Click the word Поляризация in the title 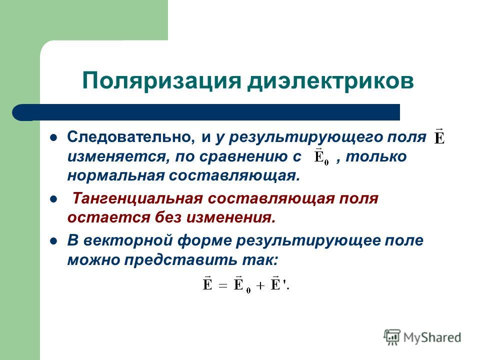coord(161,81)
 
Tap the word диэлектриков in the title coord(331,81)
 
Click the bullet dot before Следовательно coord(54,137)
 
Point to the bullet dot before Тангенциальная coord(54,199)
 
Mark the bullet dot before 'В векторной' coord(54,241)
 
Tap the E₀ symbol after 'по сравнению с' coord(321,156)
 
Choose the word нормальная coord(115,176)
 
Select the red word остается coord(108,218)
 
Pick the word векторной coord(128,240)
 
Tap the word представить coord(180,260)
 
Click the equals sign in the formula coord(223,286)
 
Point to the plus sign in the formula coord(260,286)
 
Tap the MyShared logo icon coord(392,337)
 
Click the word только coord(376,156)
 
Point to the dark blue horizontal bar coord(206,112)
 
